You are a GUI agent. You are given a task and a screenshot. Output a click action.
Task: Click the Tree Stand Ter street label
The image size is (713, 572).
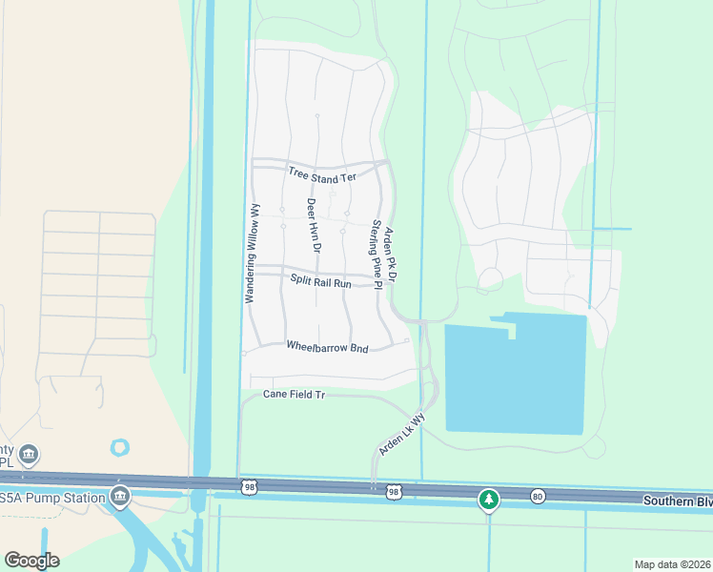coord(321,174)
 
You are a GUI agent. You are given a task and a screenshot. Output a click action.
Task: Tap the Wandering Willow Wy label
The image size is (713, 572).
coord(252,255)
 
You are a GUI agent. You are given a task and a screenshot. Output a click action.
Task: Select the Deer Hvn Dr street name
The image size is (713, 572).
coord(312,224)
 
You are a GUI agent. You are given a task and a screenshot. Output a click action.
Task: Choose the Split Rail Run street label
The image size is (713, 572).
coord(321,282)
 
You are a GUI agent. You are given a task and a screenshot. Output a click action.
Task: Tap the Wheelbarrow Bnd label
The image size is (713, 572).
coord(327,348)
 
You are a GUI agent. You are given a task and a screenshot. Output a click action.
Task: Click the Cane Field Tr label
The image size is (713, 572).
coord(295,394)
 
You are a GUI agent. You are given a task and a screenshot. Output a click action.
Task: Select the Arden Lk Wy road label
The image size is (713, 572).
coord(400,433)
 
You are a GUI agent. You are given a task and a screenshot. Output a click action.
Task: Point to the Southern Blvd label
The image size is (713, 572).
coord(677,500)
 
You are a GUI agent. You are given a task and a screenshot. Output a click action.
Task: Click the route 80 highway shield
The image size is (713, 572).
coord(538,495)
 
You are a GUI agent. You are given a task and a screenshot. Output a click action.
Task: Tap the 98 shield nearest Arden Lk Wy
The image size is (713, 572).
coord(394,492)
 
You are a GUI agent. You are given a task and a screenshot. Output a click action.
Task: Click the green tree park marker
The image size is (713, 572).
coord(489,499)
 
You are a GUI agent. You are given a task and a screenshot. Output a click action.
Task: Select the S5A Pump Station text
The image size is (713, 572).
coord(51,498)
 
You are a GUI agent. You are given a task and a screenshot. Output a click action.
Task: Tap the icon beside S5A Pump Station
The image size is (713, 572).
coord(120,496)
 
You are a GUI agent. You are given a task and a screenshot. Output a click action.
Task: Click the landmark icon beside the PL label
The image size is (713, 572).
coord(29,453)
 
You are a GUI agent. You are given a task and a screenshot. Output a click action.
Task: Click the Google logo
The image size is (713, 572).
coord(31,560)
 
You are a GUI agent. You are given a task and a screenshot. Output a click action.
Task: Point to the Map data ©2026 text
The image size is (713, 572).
coord(672,564)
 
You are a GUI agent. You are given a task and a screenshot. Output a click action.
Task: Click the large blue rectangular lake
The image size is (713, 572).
coord(515,377)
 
